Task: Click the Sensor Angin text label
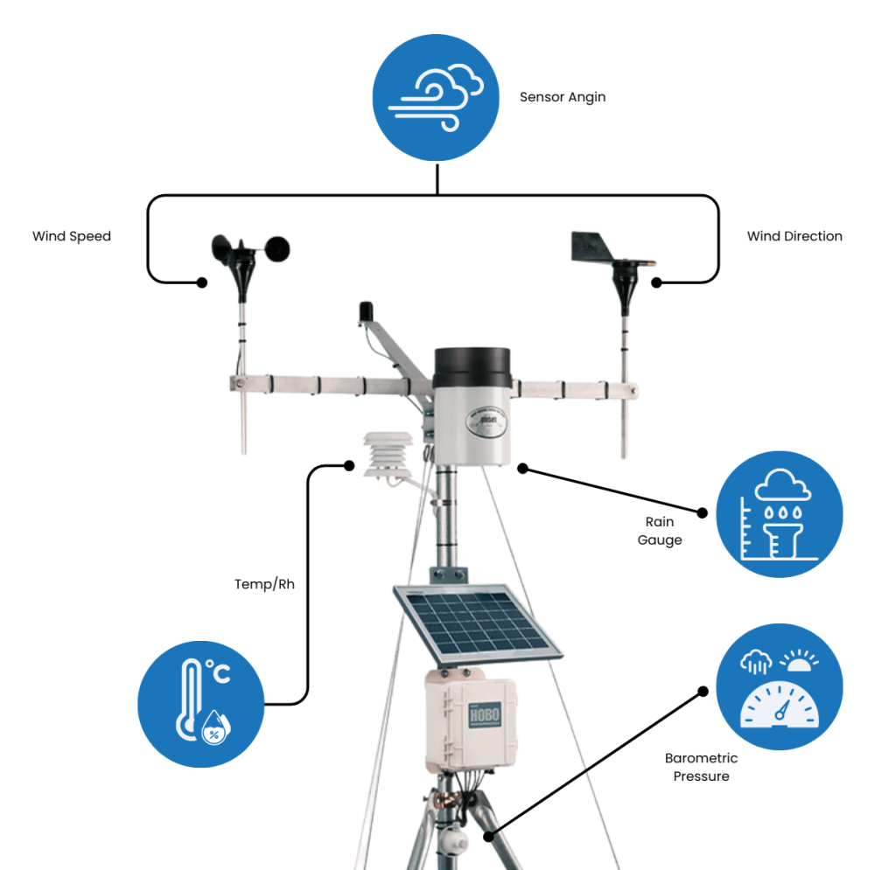(562, 97)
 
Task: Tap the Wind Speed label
(72, 236)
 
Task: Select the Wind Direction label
(794, 236)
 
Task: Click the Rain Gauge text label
(660, 531)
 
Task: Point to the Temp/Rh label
(264, 584)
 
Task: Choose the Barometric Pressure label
(701, 767)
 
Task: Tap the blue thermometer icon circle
(201, 704)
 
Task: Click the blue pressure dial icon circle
(779, 686)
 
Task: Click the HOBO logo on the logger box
(484, 714)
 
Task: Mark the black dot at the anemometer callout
(202, 282)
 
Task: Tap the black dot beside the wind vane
(657, 282)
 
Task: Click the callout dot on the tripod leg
(488, 836)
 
